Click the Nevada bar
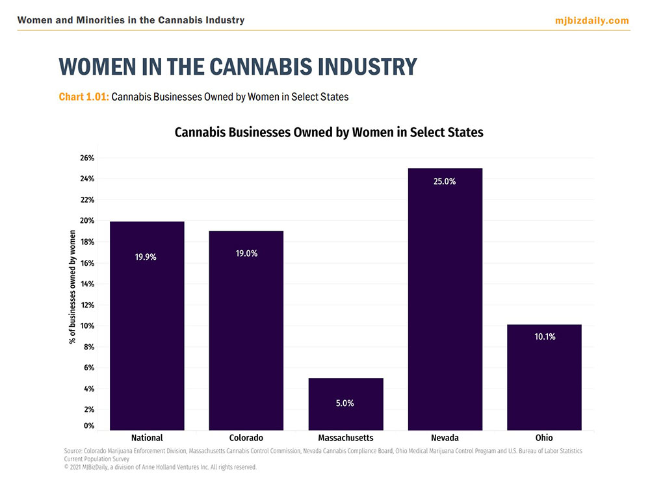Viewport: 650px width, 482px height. coord(445,299)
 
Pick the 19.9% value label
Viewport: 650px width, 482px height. coord(146,257)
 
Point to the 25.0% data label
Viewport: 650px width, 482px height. coord(445,182)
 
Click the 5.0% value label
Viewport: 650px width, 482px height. coord(345,403)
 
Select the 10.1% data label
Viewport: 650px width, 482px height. coord(545,336)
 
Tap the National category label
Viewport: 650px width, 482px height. coord(147,438)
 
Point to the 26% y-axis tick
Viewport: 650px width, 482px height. coord(87,158)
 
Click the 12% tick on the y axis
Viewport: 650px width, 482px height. coord(87,305)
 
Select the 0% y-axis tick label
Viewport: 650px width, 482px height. coord(89,426)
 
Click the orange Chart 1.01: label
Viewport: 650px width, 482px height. coord(84,97)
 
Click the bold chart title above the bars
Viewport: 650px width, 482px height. coord(329,133)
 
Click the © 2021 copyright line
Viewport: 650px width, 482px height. coord(161,467)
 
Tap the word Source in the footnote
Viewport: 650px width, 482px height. coord(73,451)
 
